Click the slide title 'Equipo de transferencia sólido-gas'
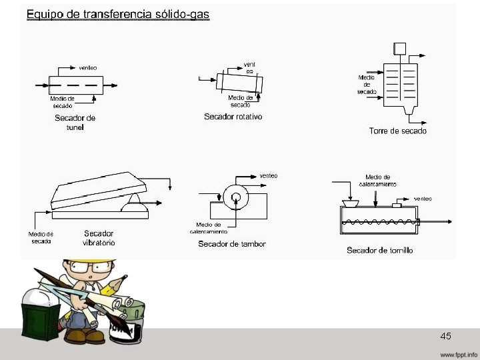click(x=118, y=14)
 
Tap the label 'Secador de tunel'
click(x=75, y=123)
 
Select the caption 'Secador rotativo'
click(x=233, y=117)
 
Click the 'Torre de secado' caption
click(x=398, y=131)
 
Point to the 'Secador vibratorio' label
click(x=99, y=238)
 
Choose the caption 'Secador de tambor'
click(x=232, y=244)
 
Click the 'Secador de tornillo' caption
click(x=380, y=250)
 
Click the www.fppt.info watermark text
click(x=459, y=353)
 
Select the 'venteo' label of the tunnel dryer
click(x=88, y=67)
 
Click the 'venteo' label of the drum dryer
click(x=268, y=175)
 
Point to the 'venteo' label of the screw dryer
click(x=422, y=199)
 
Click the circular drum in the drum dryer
click(x=235, y=196)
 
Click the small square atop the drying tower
click(x=401, y=47)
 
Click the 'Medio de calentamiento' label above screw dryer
click(x=378, y=180)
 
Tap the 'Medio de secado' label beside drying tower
click(x=367, y=84)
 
